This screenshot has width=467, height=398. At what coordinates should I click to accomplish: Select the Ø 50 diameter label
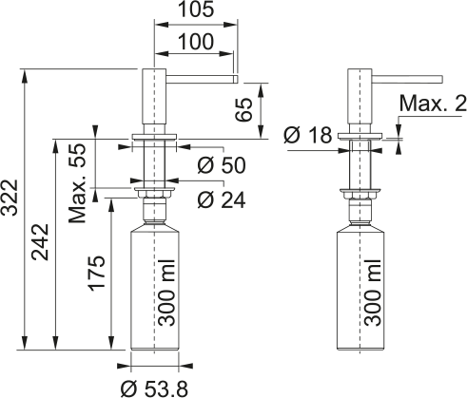point(221,165)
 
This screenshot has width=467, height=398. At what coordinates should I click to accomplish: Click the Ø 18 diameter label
point(308,136)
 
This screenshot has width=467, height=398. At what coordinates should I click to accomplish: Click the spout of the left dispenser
point(201,75)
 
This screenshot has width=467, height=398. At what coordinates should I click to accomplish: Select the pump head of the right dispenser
point(359,100)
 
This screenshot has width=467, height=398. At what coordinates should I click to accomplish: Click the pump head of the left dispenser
point(154,100)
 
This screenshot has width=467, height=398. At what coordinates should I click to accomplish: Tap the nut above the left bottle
point(153,193)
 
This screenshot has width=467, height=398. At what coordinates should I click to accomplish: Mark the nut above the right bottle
point(359,193)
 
